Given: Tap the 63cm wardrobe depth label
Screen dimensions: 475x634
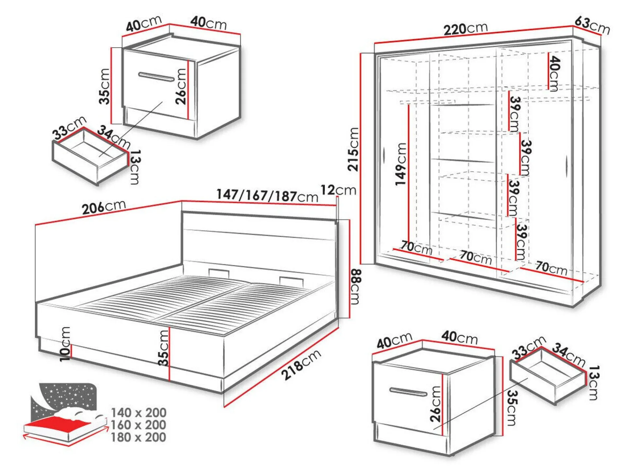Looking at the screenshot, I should pyautogui.click(x=592, y=25).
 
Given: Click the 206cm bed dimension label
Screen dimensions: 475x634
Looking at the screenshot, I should pyautogui.click(x=104, y=207).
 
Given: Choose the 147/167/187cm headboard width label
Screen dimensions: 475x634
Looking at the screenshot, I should pyautogui.click(x=267, y=196).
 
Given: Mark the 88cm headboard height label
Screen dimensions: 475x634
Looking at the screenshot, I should pyautogui.click(x=356, y=286).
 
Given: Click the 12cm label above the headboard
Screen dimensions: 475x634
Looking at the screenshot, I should pyautogui.click(x=338, y=190).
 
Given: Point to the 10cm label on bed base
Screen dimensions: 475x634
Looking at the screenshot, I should pyautogui.click(x=65, y=344).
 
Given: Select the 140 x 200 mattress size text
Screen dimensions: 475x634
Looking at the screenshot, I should pyautogui.click(x=139, y=413).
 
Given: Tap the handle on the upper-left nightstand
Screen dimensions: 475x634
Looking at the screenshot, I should pyautogui.click(x=157, y=77).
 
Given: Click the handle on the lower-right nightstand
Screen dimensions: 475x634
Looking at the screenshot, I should pyautogui.click(x=408, y=392).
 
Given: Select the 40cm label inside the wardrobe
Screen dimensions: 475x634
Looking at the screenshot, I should pyautogui.click(x=554, y=73).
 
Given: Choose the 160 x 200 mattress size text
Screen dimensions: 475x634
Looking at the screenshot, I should pyautogui.click(x=139, y=425).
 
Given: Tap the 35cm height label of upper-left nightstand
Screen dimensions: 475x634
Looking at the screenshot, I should pyautogui.click(x=105, y=86).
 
